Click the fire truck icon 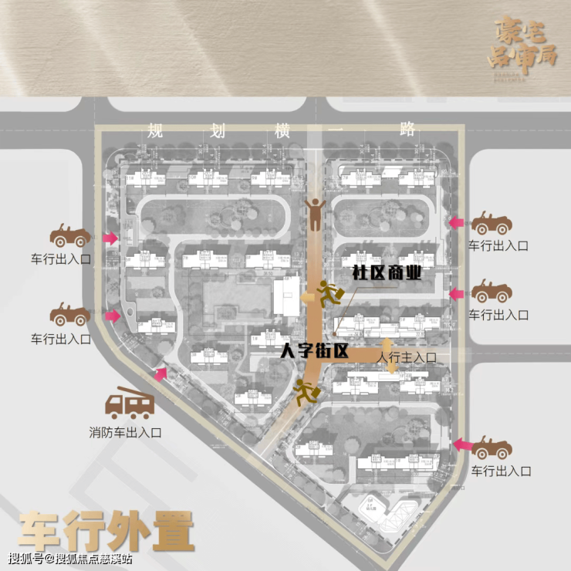pyautogui.click(x=130, y=403)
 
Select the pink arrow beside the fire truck pyautogui.click(x=160, y=374)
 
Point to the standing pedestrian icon pyautogui.click(x=314, y=213)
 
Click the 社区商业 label pyautogui.click(x=386, y=272)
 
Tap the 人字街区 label pyautogui.click(x=315, y=351)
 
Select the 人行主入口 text pyautogui.click(x=407, y=357)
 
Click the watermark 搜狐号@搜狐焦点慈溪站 pyautogui.click(x=70, y=559)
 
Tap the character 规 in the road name pyautogui.click(x=157, y=130)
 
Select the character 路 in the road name pyautogui.click(x=407, y=130)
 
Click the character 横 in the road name pyautogui.click(x=282, y=130)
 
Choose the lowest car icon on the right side pyautogui.click(x=492, y=447)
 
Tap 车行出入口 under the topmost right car pyautogui.click(x=498, y=245)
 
